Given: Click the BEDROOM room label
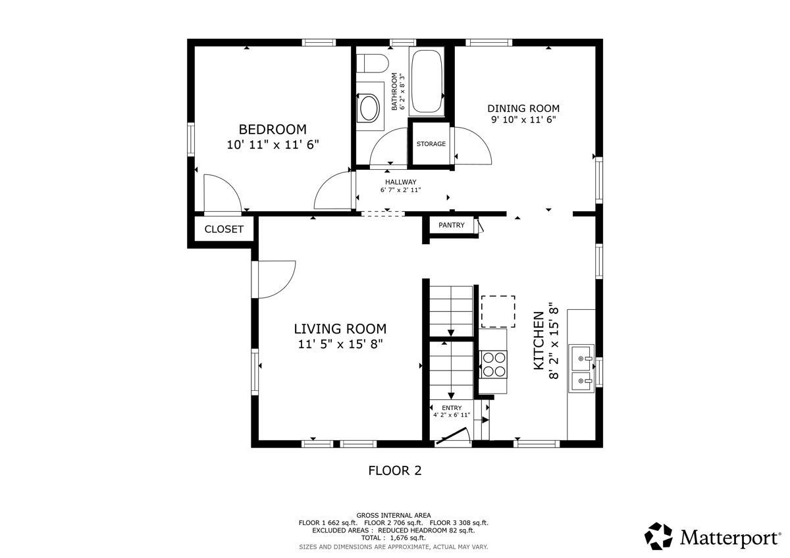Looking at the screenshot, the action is (273, 130).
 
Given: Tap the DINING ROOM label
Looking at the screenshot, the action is (523, 108).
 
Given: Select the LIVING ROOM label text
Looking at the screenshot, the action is (340, 329).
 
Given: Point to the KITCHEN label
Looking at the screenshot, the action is (539, 340).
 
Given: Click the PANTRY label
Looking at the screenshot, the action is (452, 225).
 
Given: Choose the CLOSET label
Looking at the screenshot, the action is (224, 229).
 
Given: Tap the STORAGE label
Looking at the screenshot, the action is (431, 144).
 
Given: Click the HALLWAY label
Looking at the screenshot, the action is (401, 182).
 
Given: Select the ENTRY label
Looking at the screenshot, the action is (452, 408).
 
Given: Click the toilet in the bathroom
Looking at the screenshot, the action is (372, 63).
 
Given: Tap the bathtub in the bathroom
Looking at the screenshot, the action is (427, 82).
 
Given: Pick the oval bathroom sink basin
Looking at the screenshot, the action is (369, 108).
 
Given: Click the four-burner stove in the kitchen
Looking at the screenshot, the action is (494, 365).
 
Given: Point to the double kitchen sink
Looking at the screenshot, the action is (581, 368).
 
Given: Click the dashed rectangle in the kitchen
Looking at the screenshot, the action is (498, 312).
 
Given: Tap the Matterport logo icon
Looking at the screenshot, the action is (658, 536).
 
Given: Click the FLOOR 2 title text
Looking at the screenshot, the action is (395, 470).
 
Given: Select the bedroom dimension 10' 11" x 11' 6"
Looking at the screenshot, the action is (273, 145).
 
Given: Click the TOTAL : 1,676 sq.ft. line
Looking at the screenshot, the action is (394, 538).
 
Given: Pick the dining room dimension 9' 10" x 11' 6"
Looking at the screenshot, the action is (523, 120).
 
